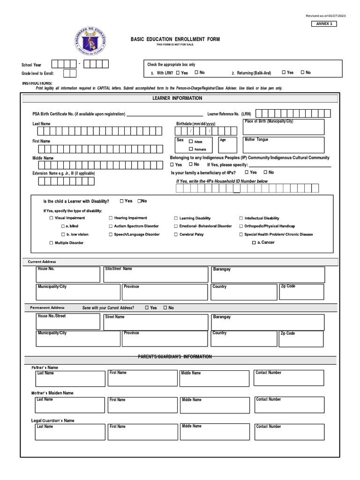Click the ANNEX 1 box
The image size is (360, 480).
coord(324,23)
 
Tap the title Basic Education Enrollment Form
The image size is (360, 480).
coord(175,39)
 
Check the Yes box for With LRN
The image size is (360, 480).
coord(178,73)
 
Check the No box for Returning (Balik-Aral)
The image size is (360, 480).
coord(302,73)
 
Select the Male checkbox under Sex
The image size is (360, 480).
coord(191,142)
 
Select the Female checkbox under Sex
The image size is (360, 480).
coord(191,149)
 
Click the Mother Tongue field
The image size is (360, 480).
coord(283,145)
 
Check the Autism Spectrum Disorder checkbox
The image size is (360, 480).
coord(111,226)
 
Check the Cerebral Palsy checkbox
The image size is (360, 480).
coord(176,234)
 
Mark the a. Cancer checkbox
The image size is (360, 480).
coord(254,243)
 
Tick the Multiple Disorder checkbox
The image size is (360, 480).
coord(52,243)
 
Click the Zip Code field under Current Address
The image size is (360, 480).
coord(301,292)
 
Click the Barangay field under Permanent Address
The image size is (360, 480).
coord(268,322)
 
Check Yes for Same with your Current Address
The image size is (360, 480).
coord(147,308)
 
